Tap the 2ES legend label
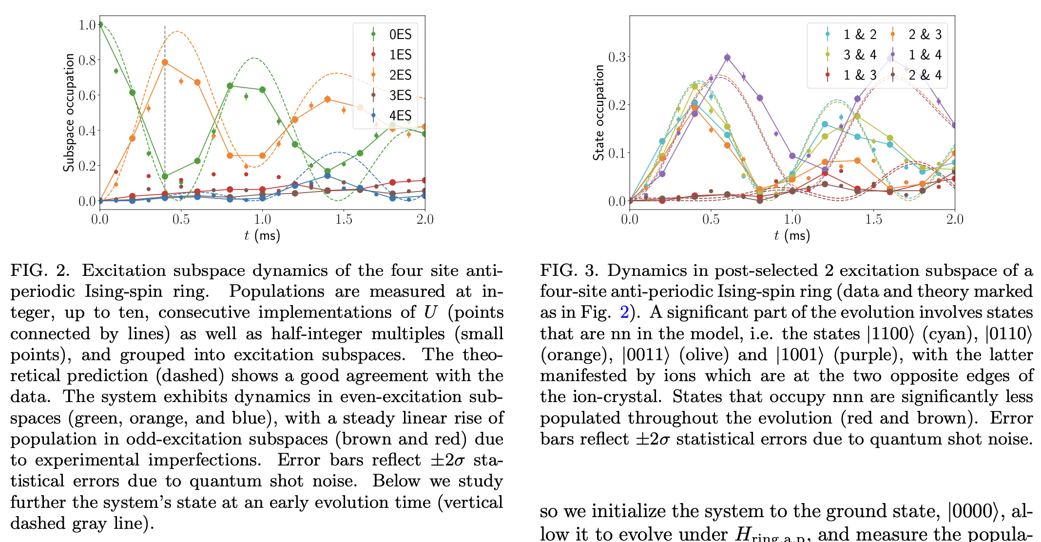click(x=400, y=75)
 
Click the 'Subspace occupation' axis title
click(x=69, y=113)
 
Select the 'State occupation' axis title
click(x=598, y=113)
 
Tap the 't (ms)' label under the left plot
click(x=262, y=236)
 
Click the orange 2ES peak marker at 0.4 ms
click(x=165, y=62)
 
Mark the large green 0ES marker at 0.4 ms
click(x=165, y=176)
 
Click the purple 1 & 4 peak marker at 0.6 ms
click(x=727, y=58)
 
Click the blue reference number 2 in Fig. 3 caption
click(x=624, y=312)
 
